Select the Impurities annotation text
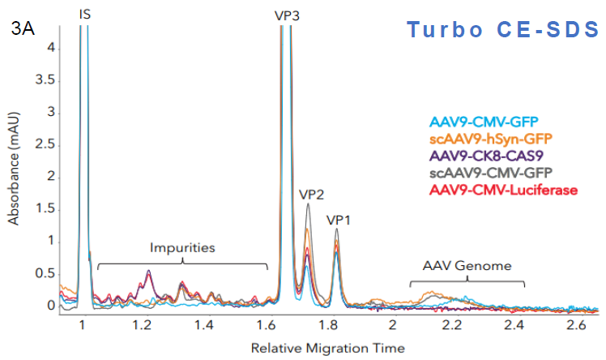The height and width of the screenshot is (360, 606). pos(183,247)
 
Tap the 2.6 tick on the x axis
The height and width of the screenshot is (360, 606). pos(577,324)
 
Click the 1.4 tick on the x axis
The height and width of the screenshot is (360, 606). pos(204,324)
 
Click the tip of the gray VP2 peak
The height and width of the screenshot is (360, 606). pos(308,204)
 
